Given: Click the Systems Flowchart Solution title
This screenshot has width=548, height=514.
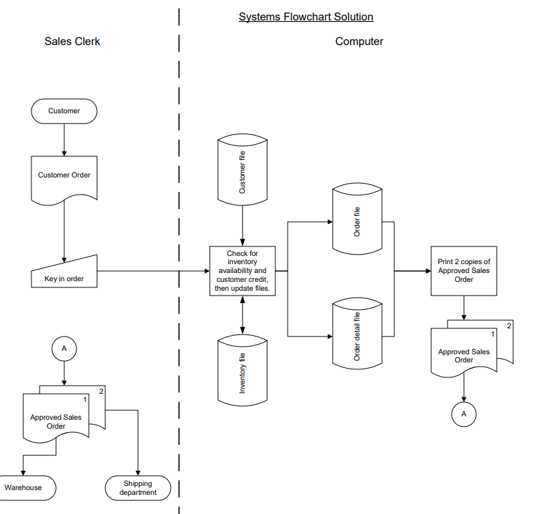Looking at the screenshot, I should point(305,16).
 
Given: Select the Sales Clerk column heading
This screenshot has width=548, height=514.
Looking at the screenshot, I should point(72,42).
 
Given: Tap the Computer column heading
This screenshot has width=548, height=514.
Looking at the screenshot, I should point(359,42).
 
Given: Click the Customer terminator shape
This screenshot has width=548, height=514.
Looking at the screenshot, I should point(64,111).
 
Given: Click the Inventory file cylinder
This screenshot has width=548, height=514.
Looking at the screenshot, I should point(243,369).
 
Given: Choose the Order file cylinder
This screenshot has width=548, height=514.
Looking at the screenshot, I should point(357,221).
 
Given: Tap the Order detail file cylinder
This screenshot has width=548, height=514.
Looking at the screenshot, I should point(357,335).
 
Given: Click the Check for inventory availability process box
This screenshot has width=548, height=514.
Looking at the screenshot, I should point(243,271).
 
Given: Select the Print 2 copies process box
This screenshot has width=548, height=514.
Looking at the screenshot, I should point(463,271).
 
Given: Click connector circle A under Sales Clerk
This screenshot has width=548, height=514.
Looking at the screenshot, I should point(64,348).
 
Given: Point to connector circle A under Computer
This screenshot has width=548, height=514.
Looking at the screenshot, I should point(464,414).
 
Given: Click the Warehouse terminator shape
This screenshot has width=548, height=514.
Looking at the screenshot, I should point(23,487).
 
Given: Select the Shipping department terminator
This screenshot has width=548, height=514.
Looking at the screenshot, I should point(138,487).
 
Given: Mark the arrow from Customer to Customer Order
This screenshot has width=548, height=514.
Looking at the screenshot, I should point(64,139).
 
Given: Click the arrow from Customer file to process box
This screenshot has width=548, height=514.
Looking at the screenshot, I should point(243,225).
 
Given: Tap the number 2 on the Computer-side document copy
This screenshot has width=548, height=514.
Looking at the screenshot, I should point(508,326).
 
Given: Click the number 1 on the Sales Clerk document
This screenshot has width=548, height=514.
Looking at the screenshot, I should point(85,399).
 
